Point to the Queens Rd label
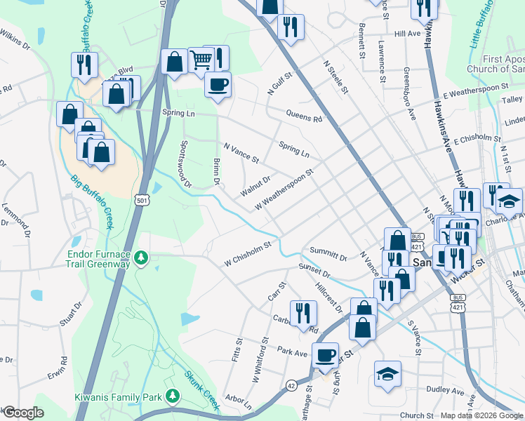pos(303,115)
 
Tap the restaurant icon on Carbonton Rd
pos(303,312)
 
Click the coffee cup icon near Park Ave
pos(326,354)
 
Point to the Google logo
pos(22,413)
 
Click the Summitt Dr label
pos(328,255)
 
